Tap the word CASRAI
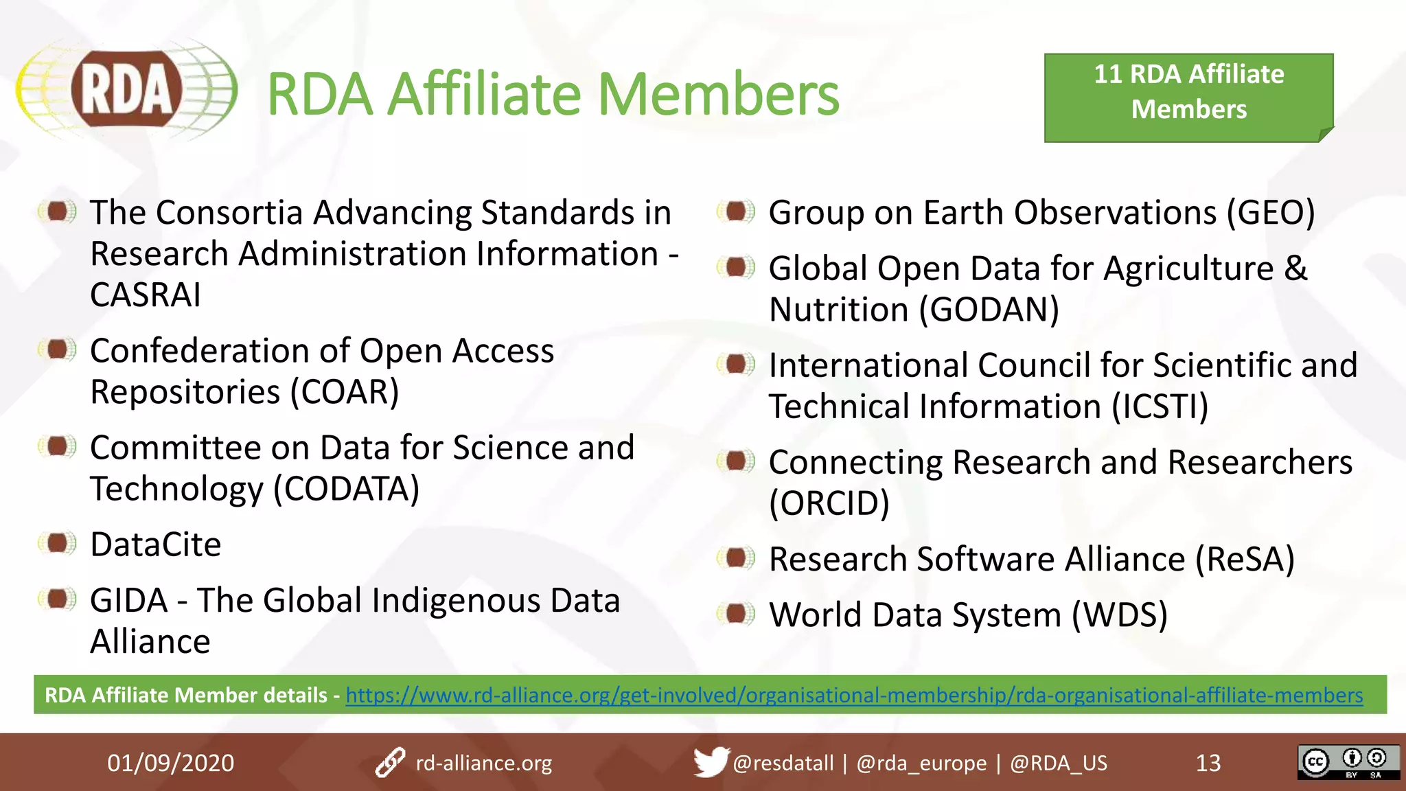(146, 295)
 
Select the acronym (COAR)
(345, 392)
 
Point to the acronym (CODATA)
(346, 489)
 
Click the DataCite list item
(156, 544)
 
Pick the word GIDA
(129, 600)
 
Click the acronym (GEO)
(1271, 213)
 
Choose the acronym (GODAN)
(989, 310)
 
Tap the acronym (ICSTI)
(1160, 406)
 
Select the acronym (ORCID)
(829, 503)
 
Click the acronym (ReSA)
(1245, 559)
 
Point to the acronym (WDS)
(1119, 615)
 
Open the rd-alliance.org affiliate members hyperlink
(854, 695)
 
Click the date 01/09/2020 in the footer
(170, 763)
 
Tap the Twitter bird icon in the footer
(711, 761)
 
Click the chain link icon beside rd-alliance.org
(390, 762)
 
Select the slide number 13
(1208, 763)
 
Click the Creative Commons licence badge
(1348, 762)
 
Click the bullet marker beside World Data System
(737, 613)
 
